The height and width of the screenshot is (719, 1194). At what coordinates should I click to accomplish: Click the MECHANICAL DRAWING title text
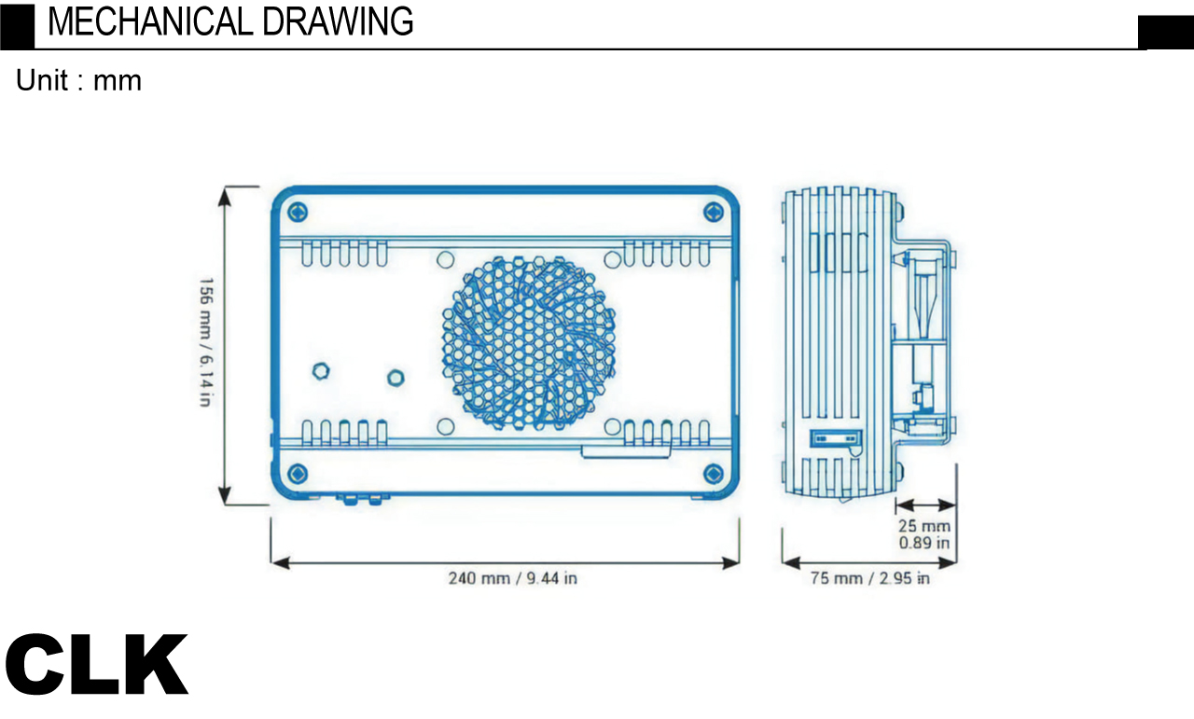(230, 21)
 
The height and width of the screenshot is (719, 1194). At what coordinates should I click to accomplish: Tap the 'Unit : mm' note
(79, 80)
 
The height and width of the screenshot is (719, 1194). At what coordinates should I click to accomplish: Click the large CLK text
(96, 664)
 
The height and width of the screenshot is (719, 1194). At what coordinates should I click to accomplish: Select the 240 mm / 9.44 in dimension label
(513, 578)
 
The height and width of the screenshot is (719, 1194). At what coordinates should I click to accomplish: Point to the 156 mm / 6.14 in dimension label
(206, 341)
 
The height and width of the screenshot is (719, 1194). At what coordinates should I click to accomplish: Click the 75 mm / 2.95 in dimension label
(870, 578)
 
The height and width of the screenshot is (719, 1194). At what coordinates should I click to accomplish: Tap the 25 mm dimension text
(924, 526)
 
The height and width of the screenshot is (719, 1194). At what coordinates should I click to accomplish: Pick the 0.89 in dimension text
(924, 543)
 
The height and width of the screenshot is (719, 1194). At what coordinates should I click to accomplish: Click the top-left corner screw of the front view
(298, 212)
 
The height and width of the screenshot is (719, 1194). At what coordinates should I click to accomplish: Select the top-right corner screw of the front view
(714, 212)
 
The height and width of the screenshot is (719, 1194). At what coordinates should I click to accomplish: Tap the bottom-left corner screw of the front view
(298, 474)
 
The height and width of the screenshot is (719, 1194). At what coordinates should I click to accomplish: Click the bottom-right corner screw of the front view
(714, 474)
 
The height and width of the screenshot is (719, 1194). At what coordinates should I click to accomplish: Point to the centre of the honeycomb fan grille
(529, 343)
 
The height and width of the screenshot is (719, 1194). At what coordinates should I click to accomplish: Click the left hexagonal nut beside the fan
(320, 370)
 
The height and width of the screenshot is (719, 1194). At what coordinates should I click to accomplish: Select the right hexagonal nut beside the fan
(395, 378)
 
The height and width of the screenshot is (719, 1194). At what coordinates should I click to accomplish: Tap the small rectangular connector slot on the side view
(836, 438)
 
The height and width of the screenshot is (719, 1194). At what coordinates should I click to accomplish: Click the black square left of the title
(17, 27)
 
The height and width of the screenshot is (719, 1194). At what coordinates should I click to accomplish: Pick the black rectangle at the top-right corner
(1166, 33)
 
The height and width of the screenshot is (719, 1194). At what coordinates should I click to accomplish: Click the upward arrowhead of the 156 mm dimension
(225, 197)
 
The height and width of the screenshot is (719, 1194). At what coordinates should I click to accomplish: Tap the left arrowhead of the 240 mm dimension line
(281, 563)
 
